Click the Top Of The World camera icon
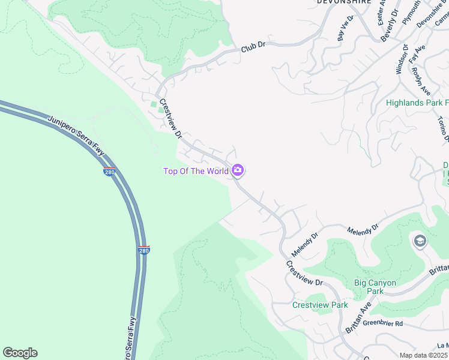point(238,171)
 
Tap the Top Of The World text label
point(196,172)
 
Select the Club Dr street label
point(253,47)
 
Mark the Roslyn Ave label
point(421,80)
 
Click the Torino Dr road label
point(444,128)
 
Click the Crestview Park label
point(320,305)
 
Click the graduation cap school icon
point(420,241)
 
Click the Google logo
point(20,353)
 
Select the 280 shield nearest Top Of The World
point(109,172)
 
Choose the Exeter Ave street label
point(381,12)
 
